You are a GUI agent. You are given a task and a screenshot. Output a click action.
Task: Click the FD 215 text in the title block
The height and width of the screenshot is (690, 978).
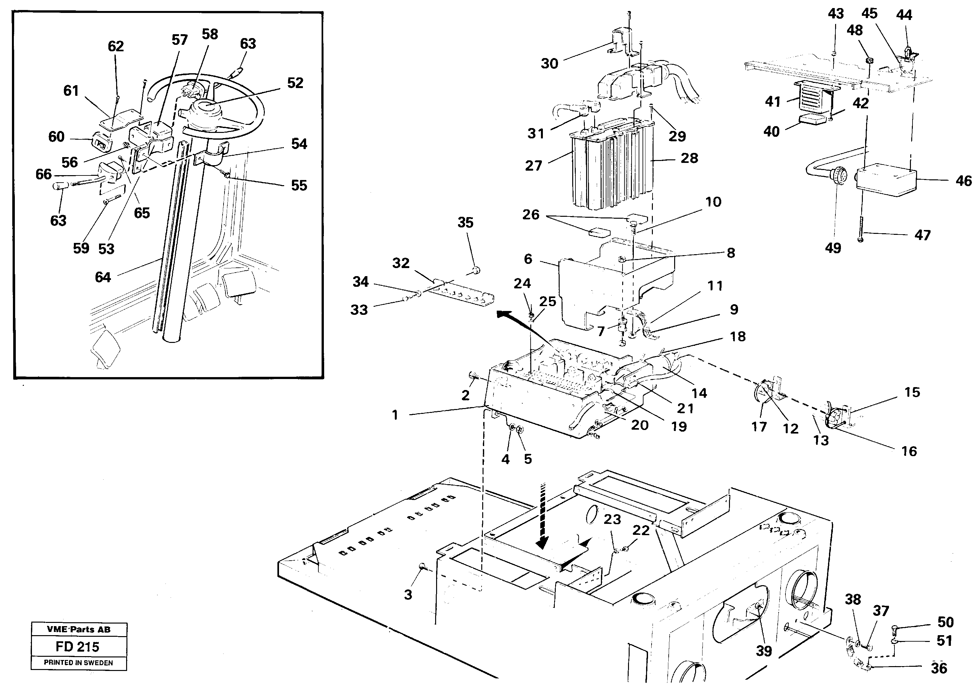click(x=77, y=646)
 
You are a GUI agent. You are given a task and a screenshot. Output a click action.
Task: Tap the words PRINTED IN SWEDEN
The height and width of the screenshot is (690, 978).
click(x=78, y=663)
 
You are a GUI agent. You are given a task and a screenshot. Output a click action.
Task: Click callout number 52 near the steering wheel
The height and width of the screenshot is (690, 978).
click(x=295, y=83)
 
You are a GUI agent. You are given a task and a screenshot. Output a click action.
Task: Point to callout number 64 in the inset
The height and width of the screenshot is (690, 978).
click(x=103, y=277)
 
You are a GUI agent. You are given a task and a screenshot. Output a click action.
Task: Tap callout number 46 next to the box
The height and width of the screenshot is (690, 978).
click(x=963, y=181)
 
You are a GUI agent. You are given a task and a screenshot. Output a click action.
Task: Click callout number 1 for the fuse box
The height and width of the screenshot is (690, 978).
click(x=395, y=415)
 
